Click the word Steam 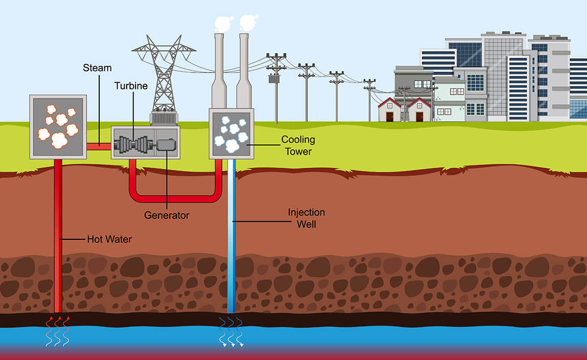(x=97, y=67)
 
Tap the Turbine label (x=131, y=86)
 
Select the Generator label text (x=167, y=215)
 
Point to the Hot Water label (x=109, y=239)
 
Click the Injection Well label (x=306, y=218)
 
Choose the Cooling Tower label (x=298, y=145)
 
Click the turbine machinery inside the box (x=133, y=144)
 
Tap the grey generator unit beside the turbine (x=166, y=144)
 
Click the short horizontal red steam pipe (x=99, y=146)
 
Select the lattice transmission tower (x=164, y=77)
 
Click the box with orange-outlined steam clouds (x=58, y=126)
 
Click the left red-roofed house (x=390, y=110)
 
